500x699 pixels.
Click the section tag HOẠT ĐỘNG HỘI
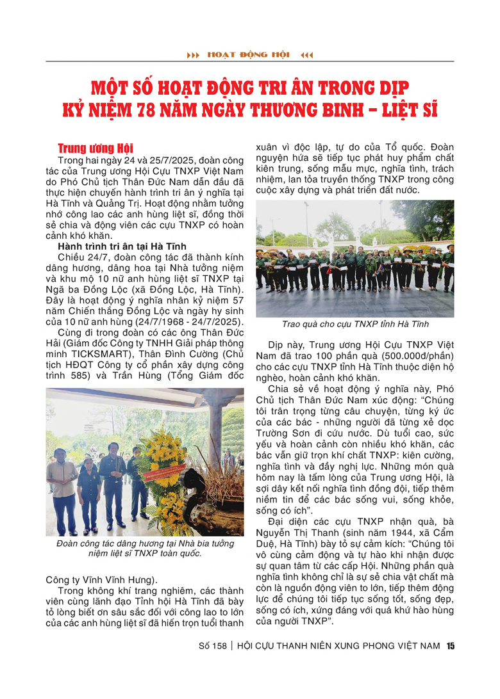249,55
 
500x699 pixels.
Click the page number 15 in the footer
450,646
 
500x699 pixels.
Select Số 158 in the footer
213,647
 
